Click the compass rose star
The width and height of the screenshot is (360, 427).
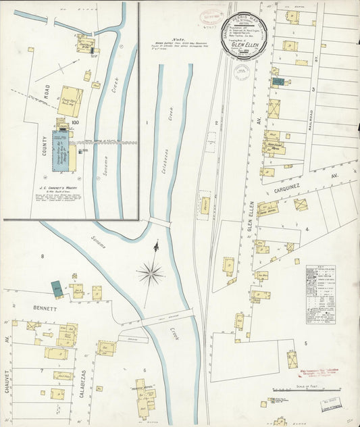pos(150,274)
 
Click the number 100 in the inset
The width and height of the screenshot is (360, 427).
pos(74,122)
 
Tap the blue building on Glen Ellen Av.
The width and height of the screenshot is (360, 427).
pos(278,82)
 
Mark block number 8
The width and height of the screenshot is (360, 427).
pos(42,256)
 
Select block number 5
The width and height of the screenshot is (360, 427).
pos(305,343)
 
